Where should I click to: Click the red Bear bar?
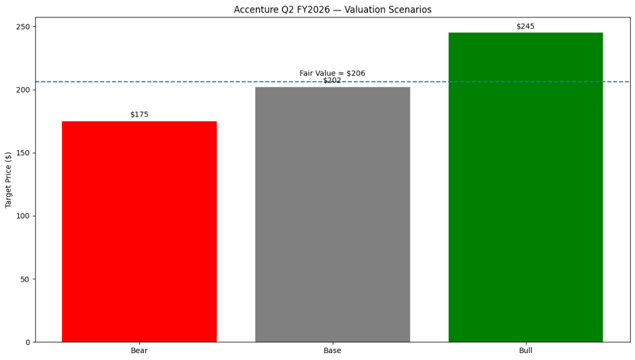point(139,231)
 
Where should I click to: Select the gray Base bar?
point(332,214)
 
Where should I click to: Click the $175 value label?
point(139,115)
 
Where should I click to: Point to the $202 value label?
point(332,81)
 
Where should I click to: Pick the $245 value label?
point(525,27)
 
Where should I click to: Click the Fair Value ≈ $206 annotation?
point(332,73)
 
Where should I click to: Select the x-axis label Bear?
point(139,351)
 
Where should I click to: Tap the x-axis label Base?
point(332,351)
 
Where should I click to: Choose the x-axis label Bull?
point(525,351)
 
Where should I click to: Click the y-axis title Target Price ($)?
point(9,179)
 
